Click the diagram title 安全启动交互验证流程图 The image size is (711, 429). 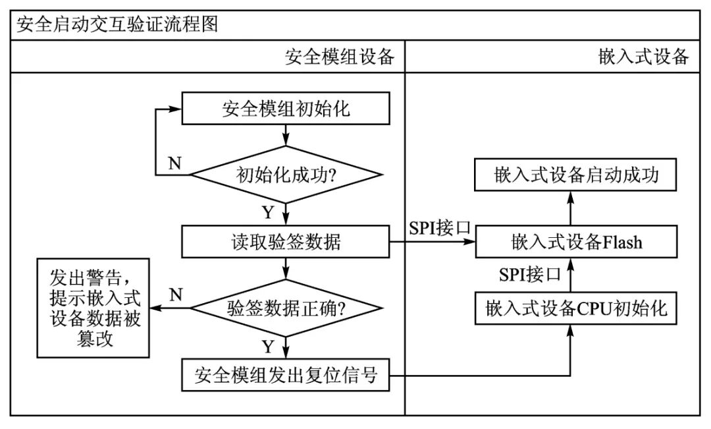click(x=117, y=24)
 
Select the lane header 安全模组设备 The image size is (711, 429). click(x=339, y=57)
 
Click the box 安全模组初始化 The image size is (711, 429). click(x=285, y=109)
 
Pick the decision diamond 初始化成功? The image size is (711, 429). click(x=285, y=176)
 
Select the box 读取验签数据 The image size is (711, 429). click(x=285, y=243)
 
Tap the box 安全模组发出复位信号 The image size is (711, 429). click(x=285, y=376)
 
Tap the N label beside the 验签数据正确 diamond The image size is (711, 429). click(x=176, y=295)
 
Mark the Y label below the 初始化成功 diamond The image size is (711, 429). click(x=267, y=212)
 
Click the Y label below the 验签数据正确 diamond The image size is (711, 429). click(x=267, y=345)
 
